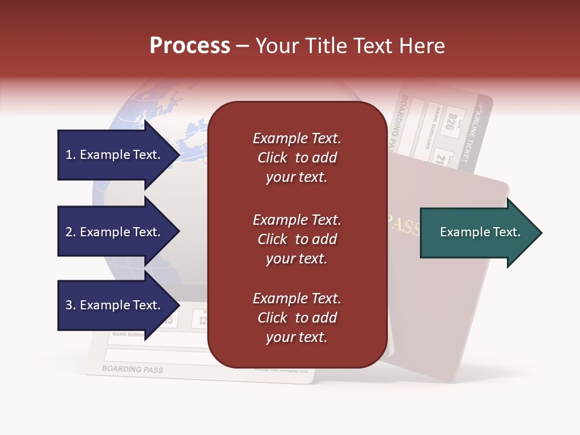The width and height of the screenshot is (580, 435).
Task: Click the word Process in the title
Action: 190,46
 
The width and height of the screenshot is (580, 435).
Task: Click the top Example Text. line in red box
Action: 297,138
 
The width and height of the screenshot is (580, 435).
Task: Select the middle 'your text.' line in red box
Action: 297,259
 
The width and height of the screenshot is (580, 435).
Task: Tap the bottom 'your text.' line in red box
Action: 297,337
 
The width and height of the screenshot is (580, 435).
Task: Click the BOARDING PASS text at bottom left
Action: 132,369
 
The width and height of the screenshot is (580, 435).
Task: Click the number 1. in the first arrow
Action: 70,155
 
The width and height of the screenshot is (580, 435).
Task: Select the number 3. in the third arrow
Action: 70,305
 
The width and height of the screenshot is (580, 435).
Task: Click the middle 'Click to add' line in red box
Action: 297,239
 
